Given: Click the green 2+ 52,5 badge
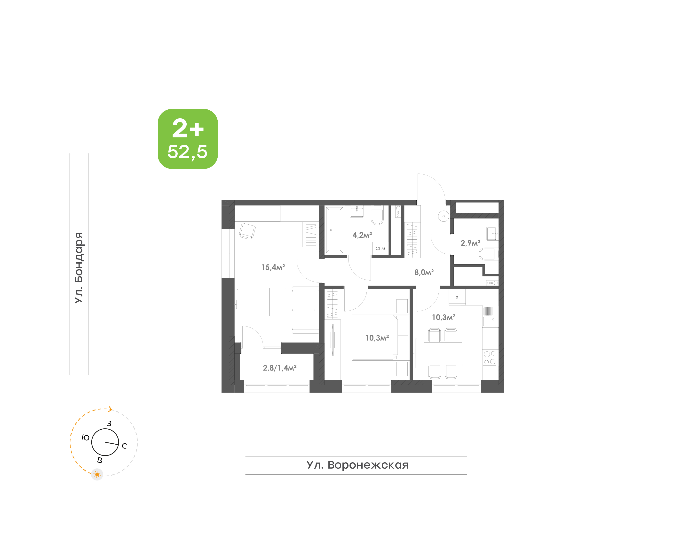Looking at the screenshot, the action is pyautogui.click(x=188, y=139).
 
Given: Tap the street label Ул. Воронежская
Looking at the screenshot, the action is pyautogui.click(x=357, y=465).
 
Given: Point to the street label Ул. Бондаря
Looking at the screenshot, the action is pyautogui.click(x=79, y=268).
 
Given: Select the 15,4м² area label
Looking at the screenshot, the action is pyautogui.click(x=273, y=267).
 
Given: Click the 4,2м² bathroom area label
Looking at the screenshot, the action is pyautogui.click(x=362, y=235).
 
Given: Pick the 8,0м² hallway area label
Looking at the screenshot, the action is pyautogui.click(x=424, y=272).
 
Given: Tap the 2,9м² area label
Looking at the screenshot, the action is pyautogui.click(x=470, y=243).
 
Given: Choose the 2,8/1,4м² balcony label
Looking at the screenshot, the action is pyautogui.click(x=280, y=368).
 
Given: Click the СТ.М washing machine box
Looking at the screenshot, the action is pyautogui.click(x=380, y=248).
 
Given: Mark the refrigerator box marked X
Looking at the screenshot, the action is pyautogui.click(x=457, y=297).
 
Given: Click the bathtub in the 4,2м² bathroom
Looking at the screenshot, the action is pyautogui.click(x=334, y=230).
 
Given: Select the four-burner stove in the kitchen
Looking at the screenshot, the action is pyautogui.click(x=490, y=358).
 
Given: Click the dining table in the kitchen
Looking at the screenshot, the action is pyautogui.click(x=443, y=354).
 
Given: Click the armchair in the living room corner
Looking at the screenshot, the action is pyautogui.click(x=247, y=231).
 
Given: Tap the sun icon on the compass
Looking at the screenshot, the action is pyautogui.click(x=97, y=474).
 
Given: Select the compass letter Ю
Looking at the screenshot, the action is pyautogui.click(x=85, y=437).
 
